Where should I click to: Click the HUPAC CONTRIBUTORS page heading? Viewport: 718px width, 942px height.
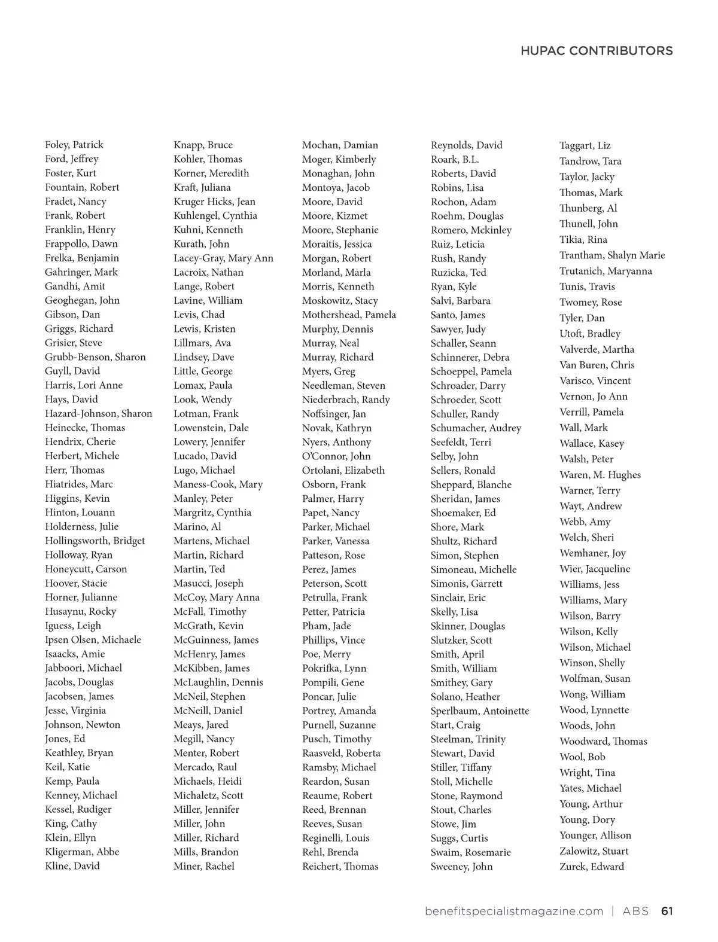point(596,51)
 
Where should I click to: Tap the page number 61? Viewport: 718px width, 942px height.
point(667,911)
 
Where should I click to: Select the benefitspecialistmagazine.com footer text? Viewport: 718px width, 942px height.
point(514,911)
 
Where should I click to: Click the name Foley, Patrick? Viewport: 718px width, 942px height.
point(74,145)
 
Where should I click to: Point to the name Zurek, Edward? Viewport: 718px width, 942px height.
point(591,867)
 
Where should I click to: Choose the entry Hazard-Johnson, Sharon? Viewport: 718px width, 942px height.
point(98,413)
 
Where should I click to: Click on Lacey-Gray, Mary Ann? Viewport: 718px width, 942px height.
point(223,258)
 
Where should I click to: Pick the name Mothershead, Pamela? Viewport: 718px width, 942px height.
point(349,315)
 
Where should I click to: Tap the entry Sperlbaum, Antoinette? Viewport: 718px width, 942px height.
point(480,711)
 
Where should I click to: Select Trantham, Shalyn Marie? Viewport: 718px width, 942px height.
point(612,255)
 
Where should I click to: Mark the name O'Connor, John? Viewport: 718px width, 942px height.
point(336,456)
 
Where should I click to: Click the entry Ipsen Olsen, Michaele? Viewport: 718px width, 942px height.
point(93,639)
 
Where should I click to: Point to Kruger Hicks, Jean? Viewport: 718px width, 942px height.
point(214,202)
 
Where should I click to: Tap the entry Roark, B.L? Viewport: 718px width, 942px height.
point(455,159)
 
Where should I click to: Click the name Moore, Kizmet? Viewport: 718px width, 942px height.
point(334,215)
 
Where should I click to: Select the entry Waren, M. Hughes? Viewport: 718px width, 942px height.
point(600,475)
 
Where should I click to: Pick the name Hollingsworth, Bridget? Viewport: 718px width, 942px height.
point(95,541)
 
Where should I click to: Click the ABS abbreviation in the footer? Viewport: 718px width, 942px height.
point(635,911)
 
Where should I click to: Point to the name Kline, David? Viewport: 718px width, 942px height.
point(72,866)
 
